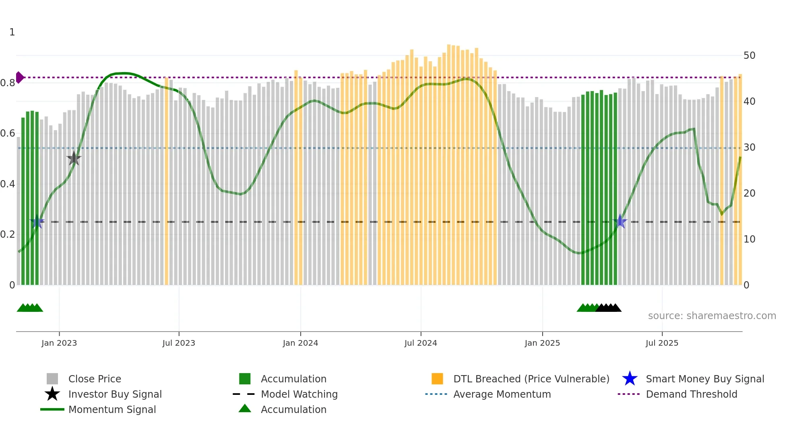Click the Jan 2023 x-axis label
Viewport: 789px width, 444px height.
pos(59,343)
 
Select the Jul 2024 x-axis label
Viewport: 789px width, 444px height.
pos(421,343)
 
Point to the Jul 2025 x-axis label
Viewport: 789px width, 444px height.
pos(662,343)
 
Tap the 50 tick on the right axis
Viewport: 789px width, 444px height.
pos(749,56)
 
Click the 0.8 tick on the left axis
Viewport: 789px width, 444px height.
pos(8,83)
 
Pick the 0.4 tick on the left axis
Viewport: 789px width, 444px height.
pos(8,184)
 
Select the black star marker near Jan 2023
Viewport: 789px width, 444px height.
pos(74,159)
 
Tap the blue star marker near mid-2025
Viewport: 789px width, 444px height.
pos(620,221)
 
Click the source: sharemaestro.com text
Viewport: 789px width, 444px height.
pos(712,316)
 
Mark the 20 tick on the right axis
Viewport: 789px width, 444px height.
pos(749,193)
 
